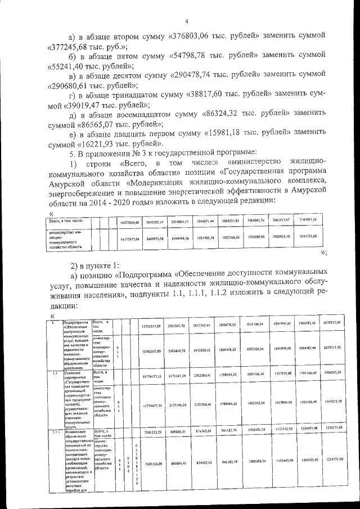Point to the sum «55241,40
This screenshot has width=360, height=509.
64,67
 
